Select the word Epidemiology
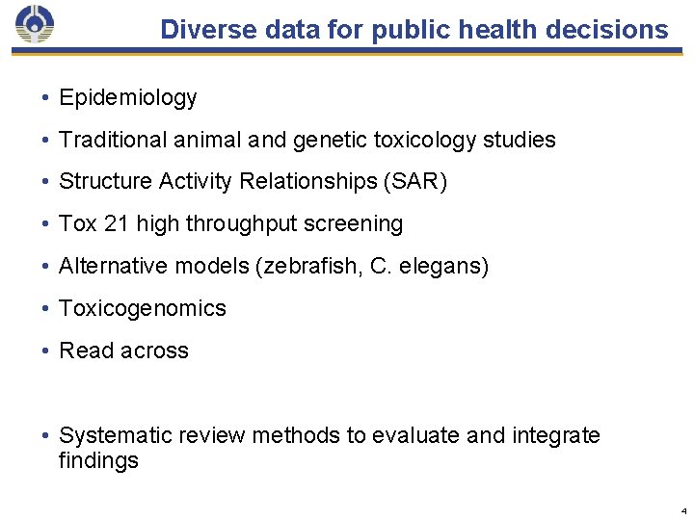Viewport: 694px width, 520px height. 127,97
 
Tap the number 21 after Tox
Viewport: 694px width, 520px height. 117,223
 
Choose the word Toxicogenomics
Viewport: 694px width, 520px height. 143,308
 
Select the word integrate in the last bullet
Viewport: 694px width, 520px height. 557,435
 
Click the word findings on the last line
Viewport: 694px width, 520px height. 98,460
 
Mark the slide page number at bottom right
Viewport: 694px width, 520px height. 682,510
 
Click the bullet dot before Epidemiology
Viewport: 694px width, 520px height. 45,98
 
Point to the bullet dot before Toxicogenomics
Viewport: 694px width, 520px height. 45,309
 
